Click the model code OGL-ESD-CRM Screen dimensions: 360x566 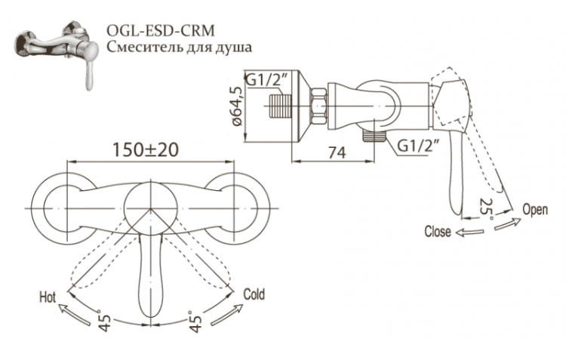point(159,30)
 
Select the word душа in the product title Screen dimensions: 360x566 point(232,47)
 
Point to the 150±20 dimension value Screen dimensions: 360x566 point(146,149)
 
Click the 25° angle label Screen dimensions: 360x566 point(487,206)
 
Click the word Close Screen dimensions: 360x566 point(438,232)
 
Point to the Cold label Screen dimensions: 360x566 point(254,295)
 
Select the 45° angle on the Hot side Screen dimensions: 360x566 point(106,323)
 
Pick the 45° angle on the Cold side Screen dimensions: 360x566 point(195,324)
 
